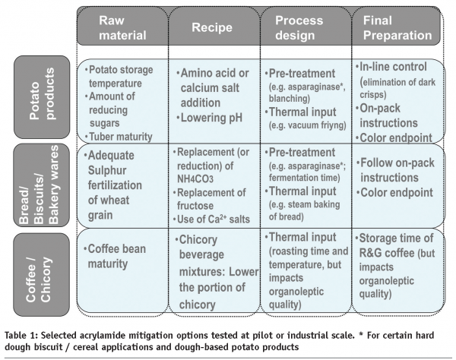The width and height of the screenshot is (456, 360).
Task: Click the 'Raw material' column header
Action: (122, 28)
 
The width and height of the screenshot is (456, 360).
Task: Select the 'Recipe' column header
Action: (212, 27)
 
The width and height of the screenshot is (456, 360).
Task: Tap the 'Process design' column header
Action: (299, 28)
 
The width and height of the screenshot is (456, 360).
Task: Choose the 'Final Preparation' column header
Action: (397, 28)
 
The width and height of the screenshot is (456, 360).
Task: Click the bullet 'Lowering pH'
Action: (210, 118)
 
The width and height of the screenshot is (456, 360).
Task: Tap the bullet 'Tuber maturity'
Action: (119, 137)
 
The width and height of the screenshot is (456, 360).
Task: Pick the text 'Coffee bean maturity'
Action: (115, 256)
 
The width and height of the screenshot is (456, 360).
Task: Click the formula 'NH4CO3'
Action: (195, 179)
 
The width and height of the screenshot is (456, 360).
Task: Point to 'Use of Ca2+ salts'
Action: (211, 219)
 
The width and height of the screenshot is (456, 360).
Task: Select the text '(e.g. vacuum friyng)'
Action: (307, 125)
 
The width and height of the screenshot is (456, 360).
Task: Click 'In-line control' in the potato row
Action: (391, 67)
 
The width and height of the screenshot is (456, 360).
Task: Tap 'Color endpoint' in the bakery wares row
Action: (394, 192)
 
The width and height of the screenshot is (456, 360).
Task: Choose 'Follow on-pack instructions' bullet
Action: (395, 170)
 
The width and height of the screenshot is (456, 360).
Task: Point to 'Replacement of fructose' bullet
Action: (210, 199)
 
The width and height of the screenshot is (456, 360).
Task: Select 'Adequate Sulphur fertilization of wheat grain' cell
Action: (112, 185)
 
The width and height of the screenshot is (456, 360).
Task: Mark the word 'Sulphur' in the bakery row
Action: (107, 171)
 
